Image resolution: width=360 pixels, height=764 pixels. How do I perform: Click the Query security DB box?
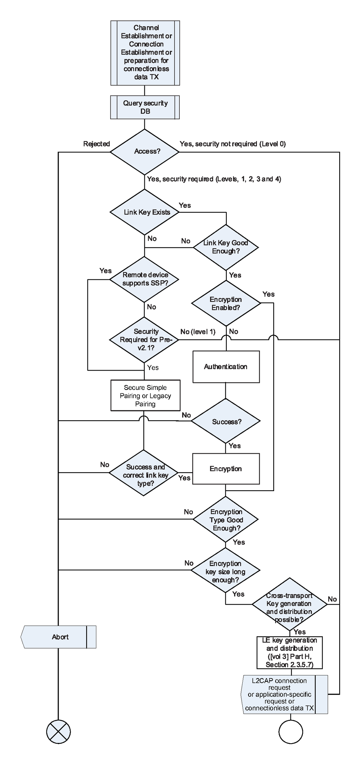145,107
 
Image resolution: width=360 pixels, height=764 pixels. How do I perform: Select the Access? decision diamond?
145,152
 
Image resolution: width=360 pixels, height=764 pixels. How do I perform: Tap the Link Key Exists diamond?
145,212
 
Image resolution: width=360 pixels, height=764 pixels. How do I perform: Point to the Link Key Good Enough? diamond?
226,247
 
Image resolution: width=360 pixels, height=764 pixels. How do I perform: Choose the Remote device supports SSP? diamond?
144,279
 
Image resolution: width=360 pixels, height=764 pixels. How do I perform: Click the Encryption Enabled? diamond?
226,303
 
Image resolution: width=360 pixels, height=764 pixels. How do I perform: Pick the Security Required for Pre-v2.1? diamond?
144,340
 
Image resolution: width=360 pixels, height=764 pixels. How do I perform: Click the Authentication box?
226,367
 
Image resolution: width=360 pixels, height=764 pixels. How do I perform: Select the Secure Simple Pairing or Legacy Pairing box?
145,395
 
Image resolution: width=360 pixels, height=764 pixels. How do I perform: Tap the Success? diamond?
226,421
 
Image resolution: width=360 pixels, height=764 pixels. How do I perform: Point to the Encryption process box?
226,469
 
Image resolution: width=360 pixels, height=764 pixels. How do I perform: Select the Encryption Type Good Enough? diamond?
226,520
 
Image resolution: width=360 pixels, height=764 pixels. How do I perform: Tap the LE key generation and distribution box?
289,652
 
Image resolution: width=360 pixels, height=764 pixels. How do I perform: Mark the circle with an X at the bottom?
58,732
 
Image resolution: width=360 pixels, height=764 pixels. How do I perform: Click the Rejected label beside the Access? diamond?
96,144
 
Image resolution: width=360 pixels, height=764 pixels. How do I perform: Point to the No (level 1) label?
198,332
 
